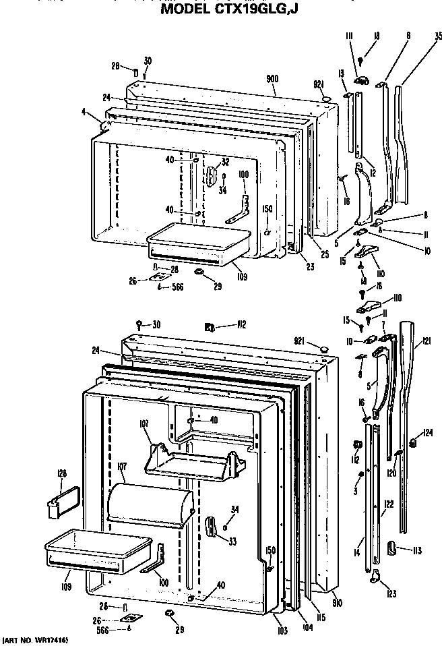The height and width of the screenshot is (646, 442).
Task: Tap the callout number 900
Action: point(272,80)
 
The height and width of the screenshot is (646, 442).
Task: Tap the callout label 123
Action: point(392,593)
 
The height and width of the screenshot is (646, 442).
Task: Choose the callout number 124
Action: point(427,433)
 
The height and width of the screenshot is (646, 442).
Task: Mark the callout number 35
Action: point(437,37)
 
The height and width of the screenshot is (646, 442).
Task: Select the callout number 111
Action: point(350,36)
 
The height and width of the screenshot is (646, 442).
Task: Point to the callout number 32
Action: point(225,162)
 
